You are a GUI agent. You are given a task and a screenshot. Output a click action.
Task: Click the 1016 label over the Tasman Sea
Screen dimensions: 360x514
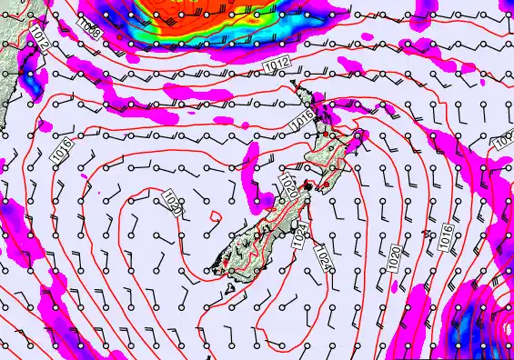(62, 152)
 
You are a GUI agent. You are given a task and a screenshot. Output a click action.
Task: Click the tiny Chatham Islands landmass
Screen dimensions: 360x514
(428, 235)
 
